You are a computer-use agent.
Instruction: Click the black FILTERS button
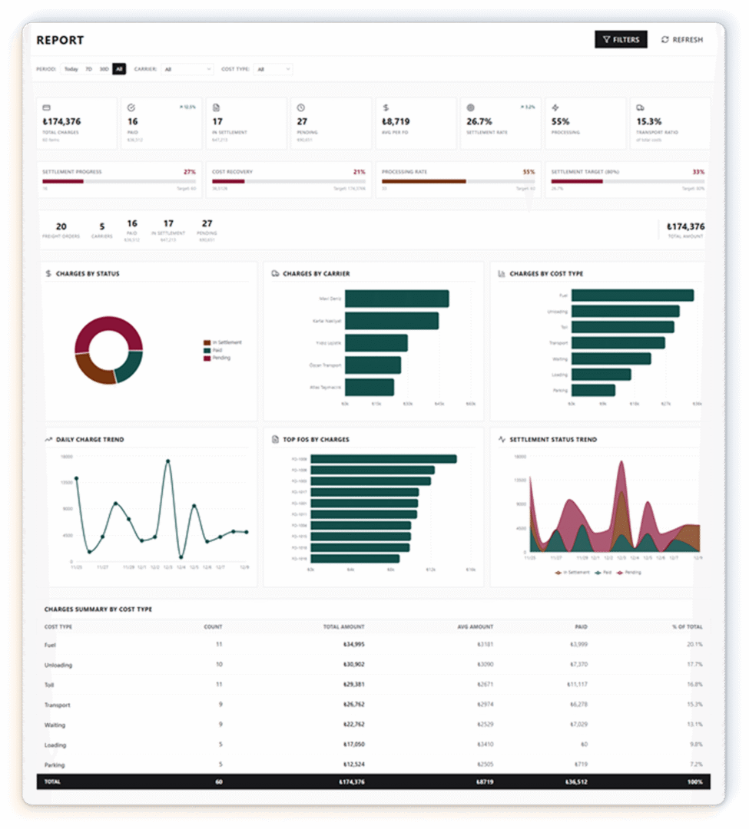click(x=621, y=40)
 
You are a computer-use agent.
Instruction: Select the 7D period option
click(x=88, y=69)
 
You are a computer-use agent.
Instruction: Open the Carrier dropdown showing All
click(x=187, y=69)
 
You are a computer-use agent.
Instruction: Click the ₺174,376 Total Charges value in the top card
click(x=61, y=121)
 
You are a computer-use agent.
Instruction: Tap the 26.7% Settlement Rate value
click(x=479, y=121)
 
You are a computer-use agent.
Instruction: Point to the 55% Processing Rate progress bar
click(x=423, y=181)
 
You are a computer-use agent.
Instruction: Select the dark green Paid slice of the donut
click(x=129, y=366)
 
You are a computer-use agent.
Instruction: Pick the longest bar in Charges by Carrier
click(x=396, y=298)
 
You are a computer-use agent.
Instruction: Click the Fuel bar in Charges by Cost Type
click(x=632, y=296)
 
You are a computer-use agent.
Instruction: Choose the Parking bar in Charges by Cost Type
click(x=593, y=390)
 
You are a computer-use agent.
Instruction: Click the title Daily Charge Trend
click(x=90, y=440)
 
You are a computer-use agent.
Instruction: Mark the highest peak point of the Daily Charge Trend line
click(x=167, y=461)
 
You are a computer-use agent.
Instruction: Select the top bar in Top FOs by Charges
click(x=384, y=459)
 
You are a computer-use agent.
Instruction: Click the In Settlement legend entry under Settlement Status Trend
click(x=574, y=573)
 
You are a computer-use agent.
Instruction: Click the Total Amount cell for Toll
click(x=353, y=685)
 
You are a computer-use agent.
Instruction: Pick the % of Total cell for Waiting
click(x=694, y=725)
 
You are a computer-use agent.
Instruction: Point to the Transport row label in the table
click(x=58, y=705)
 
